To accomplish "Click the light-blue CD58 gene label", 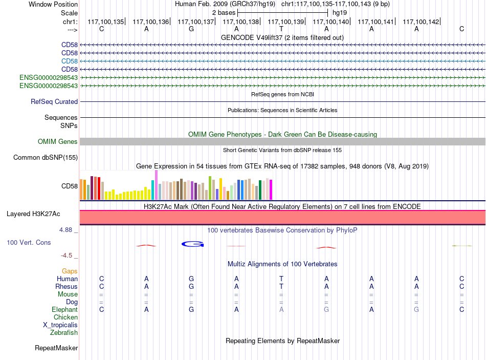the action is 70,61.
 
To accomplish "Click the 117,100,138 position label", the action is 240,22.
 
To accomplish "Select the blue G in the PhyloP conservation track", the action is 192,244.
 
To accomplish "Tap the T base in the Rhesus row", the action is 281,286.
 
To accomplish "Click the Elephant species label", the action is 65,309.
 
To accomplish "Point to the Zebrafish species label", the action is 64,332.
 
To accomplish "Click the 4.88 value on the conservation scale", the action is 65,229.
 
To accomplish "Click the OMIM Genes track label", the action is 58,141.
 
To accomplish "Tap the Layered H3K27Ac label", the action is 33,214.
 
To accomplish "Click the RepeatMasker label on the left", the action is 56,348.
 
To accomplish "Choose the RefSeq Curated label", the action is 54,101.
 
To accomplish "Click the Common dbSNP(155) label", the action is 46,157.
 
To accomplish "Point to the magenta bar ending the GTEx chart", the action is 271,189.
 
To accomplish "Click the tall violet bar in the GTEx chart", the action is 156,185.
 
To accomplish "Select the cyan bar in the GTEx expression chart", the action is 153,190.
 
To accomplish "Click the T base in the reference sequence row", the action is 281,29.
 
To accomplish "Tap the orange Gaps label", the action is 70,271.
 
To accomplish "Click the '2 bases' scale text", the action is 224,13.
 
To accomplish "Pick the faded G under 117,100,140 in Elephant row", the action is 326,309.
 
